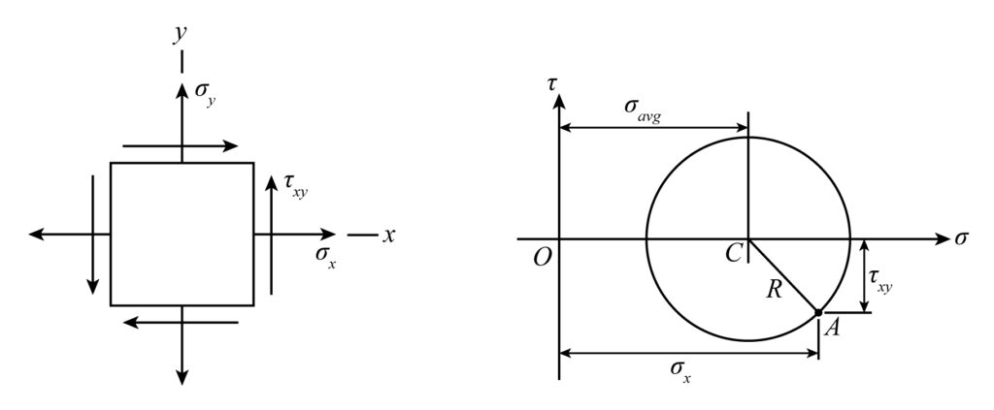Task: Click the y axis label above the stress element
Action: coord(181,35)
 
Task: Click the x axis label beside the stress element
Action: coord(388,236)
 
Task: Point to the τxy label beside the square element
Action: coord(295,188)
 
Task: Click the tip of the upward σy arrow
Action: coord(182,84)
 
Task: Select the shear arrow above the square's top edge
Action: coord(180,146)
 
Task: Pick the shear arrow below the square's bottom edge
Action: coord(181,323)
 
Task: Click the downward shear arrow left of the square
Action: coord(93,235)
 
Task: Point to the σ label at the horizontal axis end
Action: coord(961,239)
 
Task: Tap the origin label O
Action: coord(542,260)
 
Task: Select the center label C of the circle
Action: coord(734,254)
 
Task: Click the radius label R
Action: coord(774,289)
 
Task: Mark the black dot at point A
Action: coord(818,312)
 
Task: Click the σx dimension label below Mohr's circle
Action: coord(680,373)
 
